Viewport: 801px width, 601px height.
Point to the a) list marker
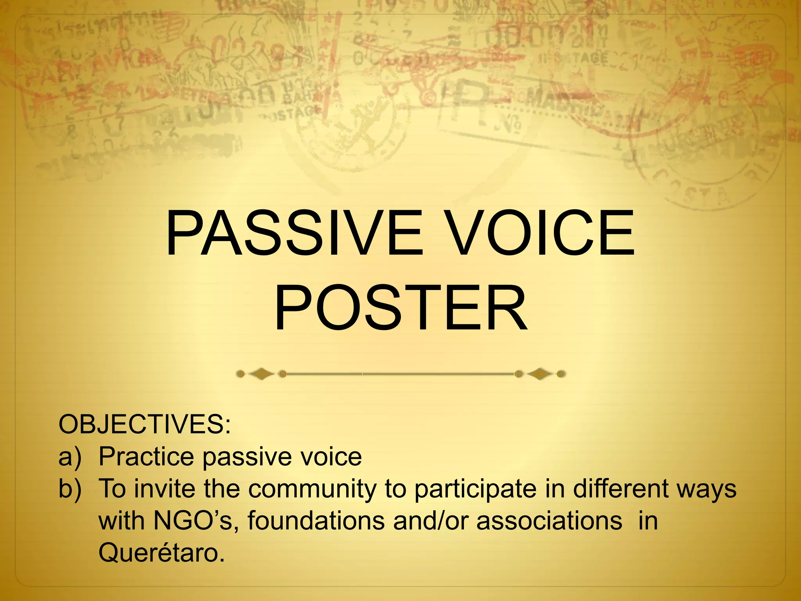(70, 457)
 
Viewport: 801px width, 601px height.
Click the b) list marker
(70, 489)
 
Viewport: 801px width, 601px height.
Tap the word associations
(549, 521)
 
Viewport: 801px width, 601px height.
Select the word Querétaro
(162, 553)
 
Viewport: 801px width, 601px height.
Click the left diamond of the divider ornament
(261, 374)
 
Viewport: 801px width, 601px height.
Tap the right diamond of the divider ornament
(540, 374)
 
